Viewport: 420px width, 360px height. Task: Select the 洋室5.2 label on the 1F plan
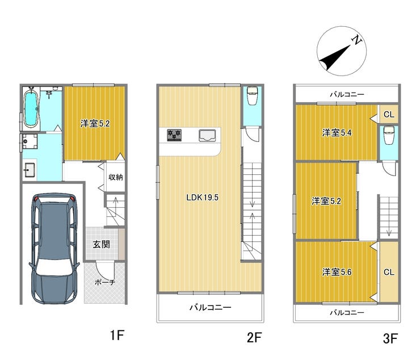tap(95, 124)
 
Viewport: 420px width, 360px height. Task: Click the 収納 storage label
tap(116, 177)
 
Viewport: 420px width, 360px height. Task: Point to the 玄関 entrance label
tap(101, 244)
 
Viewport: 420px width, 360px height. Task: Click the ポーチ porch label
tap(105, 282)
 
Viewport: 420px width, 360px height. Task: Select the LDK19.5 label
tap(202, 198)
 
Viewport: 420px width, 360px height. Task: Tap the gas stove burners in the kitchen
tap(174, 135)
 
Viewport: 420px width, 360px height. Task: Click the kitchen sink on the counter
tap(207, 135)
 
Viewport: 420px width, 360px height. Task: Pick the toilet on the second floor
tap(252, 95)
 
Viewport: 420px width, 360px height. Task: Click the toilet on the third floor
tap(389, 135)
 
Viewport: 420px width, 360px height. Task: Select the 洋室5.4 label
tap(337, 133)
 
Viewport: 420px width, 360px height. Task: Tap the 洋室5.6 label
tap(337, 272)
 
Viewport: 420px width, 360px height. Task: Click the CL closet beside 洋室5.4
tap(389, 115)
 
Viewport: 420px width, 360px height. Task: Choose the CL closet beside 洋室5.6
tap(389, 272)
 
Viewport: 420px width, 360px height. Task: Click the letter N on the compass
tap(356, 40)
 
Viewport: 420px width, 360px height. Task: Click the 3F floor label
tap(390, 338)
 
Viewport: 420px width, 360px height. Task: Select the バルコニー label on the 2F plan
tap(211, 307)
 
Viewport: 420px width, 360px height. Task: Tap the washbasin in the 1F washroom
tap(30, 170)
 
